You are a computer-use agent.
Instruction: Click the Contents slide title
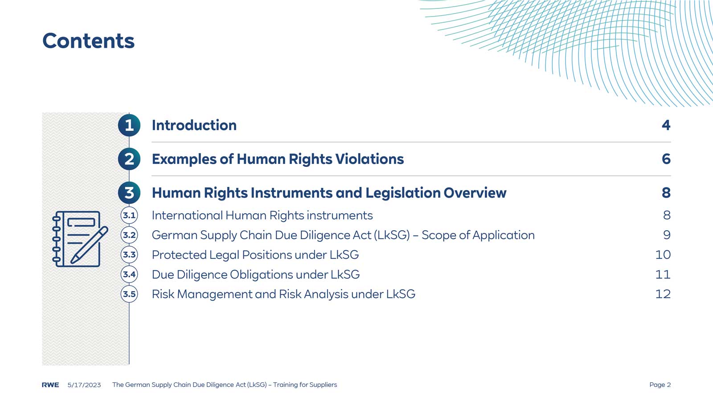pyautogui.click(x=88, y=41)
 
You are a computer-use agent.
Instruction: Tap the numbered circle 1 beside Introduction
pyautogui.click(x=129, y=125)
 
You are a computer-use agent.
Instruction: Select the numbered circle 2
pyautogui.click(x=129, y=159)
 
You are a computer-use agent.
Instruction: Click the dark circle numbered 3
pyautogui.click(x=129, y=193)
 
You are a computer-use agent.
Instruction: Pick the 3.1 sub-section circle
pyautogui.click(x=129, y=216)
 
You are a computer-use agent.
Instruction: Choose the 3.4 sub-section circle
pyautogui.click(x=129, y=274)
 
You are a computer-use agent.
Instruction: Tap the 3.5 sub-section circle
pyautogui.click(x=129, y=294)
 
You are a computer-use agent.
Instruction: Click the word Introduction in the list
pyautogui.click(x=194, y=125)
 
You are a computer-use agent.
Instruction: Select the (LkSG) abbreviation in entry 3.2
pyautogui.click(x=392, y=235)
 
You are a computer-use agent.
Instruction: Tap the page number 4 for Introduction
pyautogui.click(x=666, y=125)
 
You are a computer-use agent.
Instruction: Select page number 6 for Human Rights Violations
pyautogui.click(x=666, y=159)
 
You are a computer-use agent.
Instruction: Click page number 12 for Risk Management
pyautogui.click(x=663, y=294)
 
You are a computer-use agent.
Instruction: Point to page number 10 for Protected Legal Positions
pyautogui.click(x=663, y=255)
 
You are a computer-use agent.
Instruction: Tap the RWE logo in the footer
pyautogui.click(x=50, y=385)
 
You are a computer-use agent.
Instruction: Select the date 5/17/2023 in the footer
pyautogui.click(x=84, y=385)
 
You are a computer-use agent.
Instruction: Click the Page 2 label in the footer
pyautogui.click(x=660, y=385)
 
